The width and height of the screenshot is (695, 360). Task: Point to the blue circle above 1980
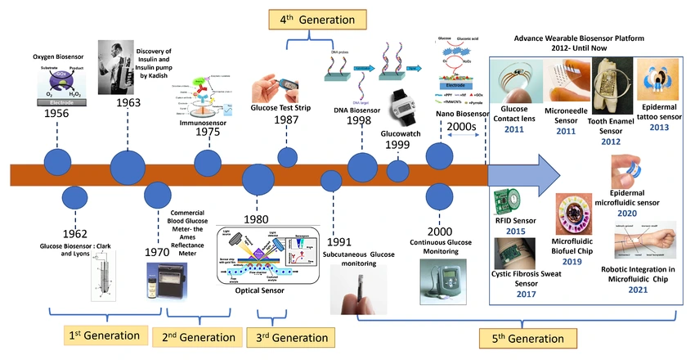[x=259, y=178]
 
